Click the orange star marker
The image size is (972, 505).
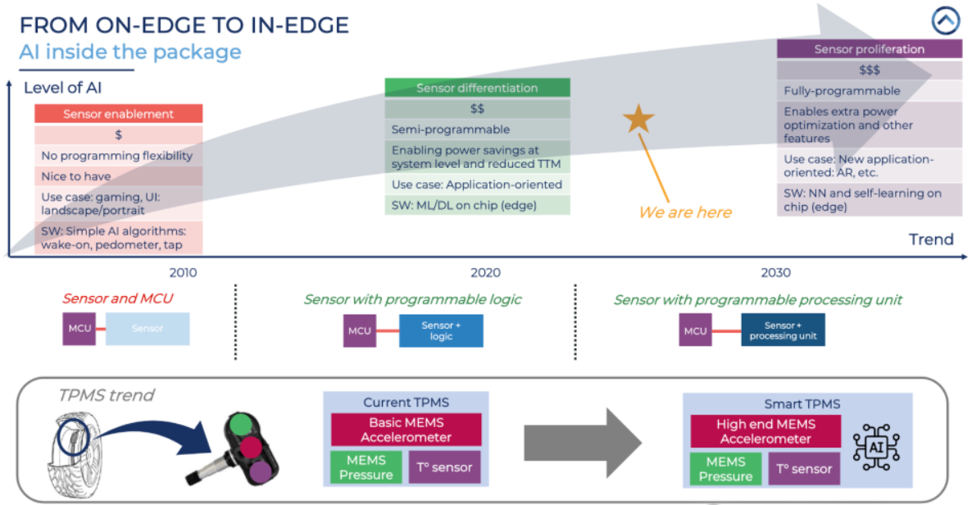click(638, 120)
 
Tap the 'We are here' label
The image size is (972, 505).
click(684, 212)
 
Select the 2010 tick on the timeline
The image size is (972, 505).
click(183, 272)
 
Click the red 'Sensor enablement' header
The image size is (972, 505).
click(118, 114)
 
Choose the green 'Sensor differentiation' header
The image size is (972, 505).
click(477, 88)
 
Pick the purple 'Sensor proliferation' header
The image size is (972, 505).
click(869, 49)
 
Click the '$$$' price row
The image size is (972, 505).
click(869, 70)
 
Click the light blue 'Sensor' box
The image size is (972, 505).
click(148, 329)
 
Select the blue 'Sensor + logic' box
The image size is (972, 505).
click(441, 330)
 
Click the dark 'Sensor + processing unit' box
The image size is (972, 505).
click(783, 330)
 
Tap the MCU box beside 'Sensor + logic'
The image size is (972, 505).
click(359, 330)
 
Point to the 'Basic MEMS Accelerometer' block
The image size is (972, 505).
click(407, 430)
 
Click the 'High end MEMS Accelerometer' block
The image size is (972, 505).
click(765, 431)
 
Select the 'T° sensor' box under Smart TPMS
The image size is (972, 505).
click(804, 469)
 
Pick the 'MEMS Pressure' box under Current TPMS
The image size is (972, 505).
click(366, 468)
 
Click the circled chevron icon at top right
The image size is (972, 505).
click(945, 20)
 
